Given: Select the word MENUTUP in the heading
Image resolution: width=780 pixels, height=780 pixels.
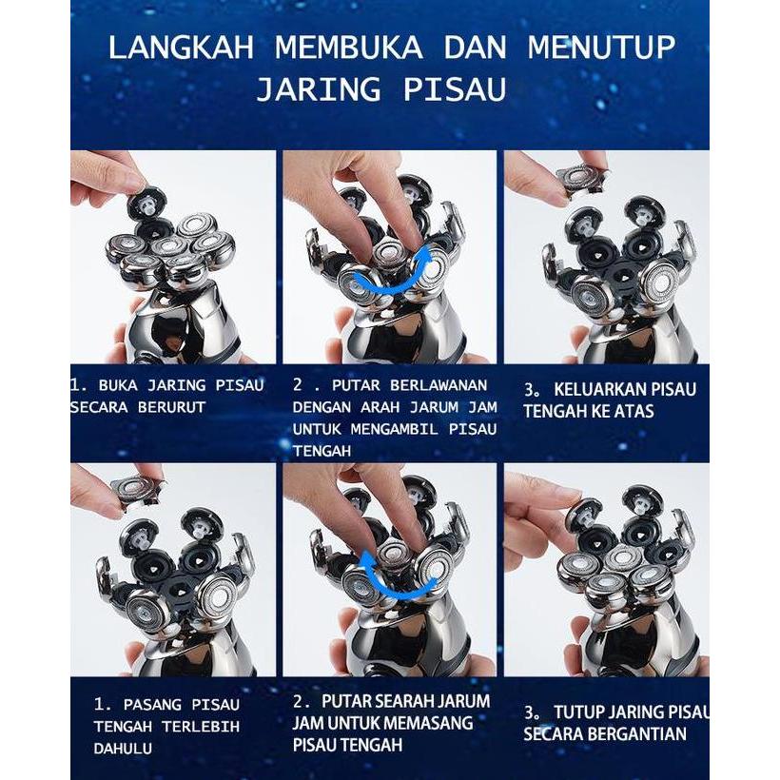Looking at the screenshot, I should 601,48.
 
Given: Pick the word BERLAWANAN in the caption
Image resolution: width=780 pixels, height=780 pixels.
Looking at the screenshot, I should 433,385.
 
